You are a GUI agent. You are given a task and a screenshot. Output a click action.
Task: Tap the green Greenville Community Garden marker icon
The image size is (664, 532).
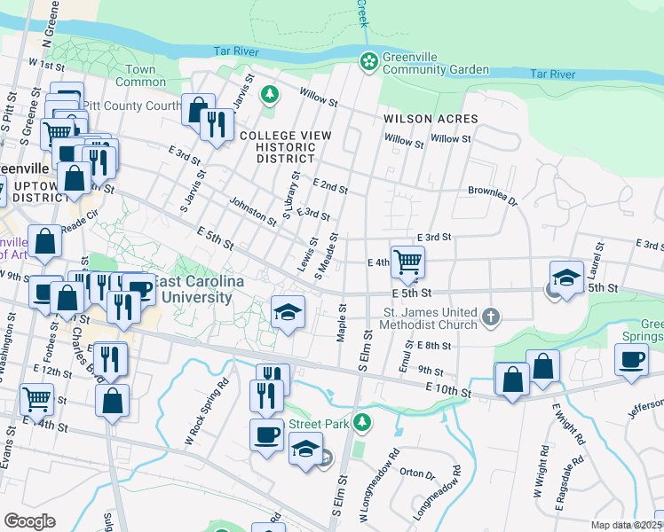point(368,61)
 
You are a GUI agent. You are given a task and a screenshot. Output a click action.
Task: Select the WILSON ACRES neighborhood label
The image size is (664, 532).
point(431,119)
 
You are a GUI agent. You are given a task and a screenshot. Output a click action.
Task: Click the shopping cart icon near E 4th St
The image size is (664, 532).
point(407,261)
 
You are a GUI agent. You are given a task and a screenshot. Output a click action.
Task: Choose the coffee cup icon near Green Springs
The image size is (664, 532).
point(631,359)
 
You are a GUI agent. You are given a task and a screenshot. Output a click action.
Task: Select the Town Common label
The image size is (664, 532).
point(140,76)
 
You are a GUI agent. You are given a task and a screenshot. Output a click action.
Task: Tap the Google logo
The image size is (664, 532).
point(29,521)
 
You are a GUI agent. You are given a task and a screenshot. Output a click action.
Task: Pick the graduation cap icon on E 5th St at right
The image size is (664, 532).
point(566,277)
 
